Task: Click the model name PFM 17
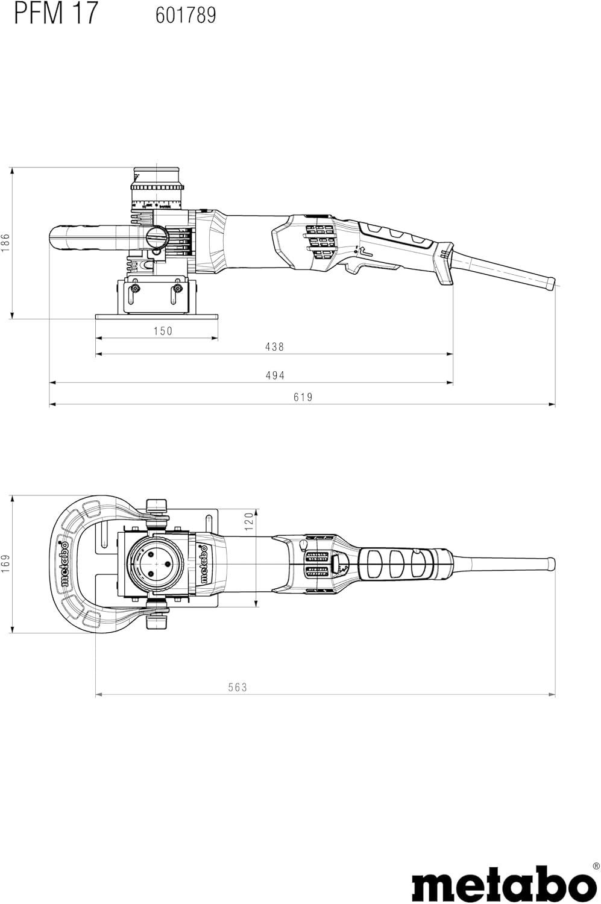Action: [x=56, y=13]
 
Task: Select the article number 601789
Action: [x=186, y=15]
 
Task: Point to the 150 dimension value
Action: [x=163, y=331]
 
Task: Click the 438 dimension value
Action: [x=275, y=347]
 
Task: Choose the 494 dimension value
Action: [x=275, y=375]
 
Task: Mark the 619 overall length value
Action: [x=303, y=397]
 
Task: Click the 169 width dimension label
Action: [x=5, y=564]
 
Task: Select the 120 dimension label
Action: [x=249, y=521]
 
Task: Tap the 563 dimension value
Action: [x=238, y=687]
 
